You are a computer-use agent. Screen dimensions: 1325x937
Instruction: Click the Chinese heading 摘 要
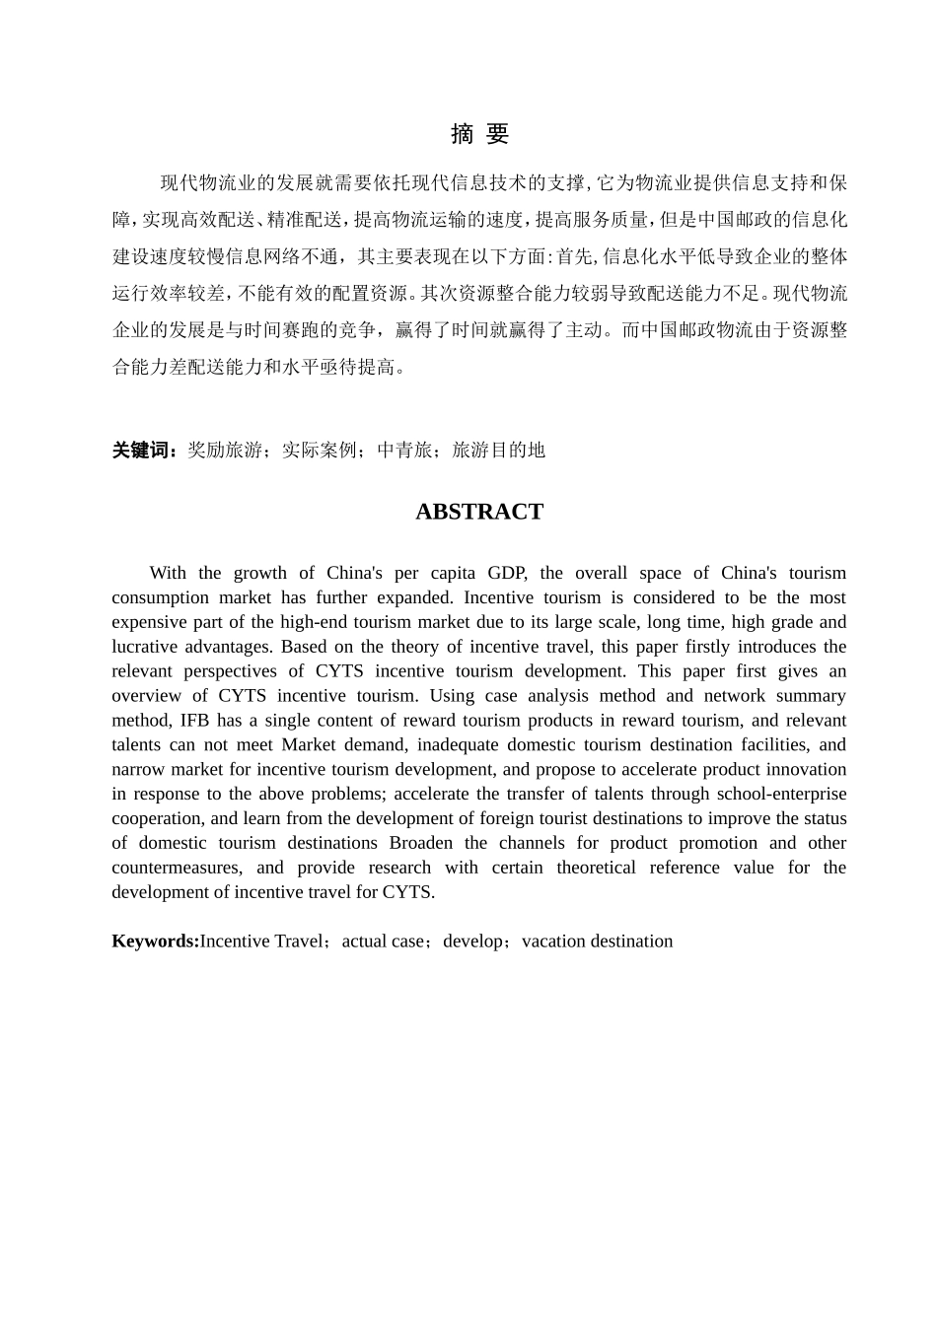pos(479,134)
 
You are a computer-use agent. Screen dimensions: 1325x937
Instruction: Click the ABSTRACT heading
pos(479,512)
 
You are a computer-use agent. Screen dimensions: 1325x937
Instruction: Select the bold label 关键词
pos(144,451)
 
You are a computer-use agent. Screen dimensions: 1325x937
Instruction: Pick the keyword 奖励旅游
pos(225,451)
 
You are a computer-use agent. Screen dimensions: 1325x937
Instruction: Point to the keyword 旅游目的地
pos(498,451)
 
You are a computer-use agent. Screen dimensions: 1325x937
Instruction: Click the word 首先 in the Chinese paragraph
pos(575,257)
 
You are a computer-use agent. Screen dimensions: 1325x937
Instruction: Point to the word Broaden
pos(421,843)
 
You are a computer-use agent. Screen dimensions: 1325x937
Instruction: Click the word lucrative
pos(143,647)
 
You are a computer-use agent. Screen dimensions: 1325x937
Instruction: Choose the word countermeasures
pos(176,868)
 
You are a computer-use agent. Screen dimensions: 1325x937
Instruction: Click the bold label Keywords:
pos(155,941)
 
